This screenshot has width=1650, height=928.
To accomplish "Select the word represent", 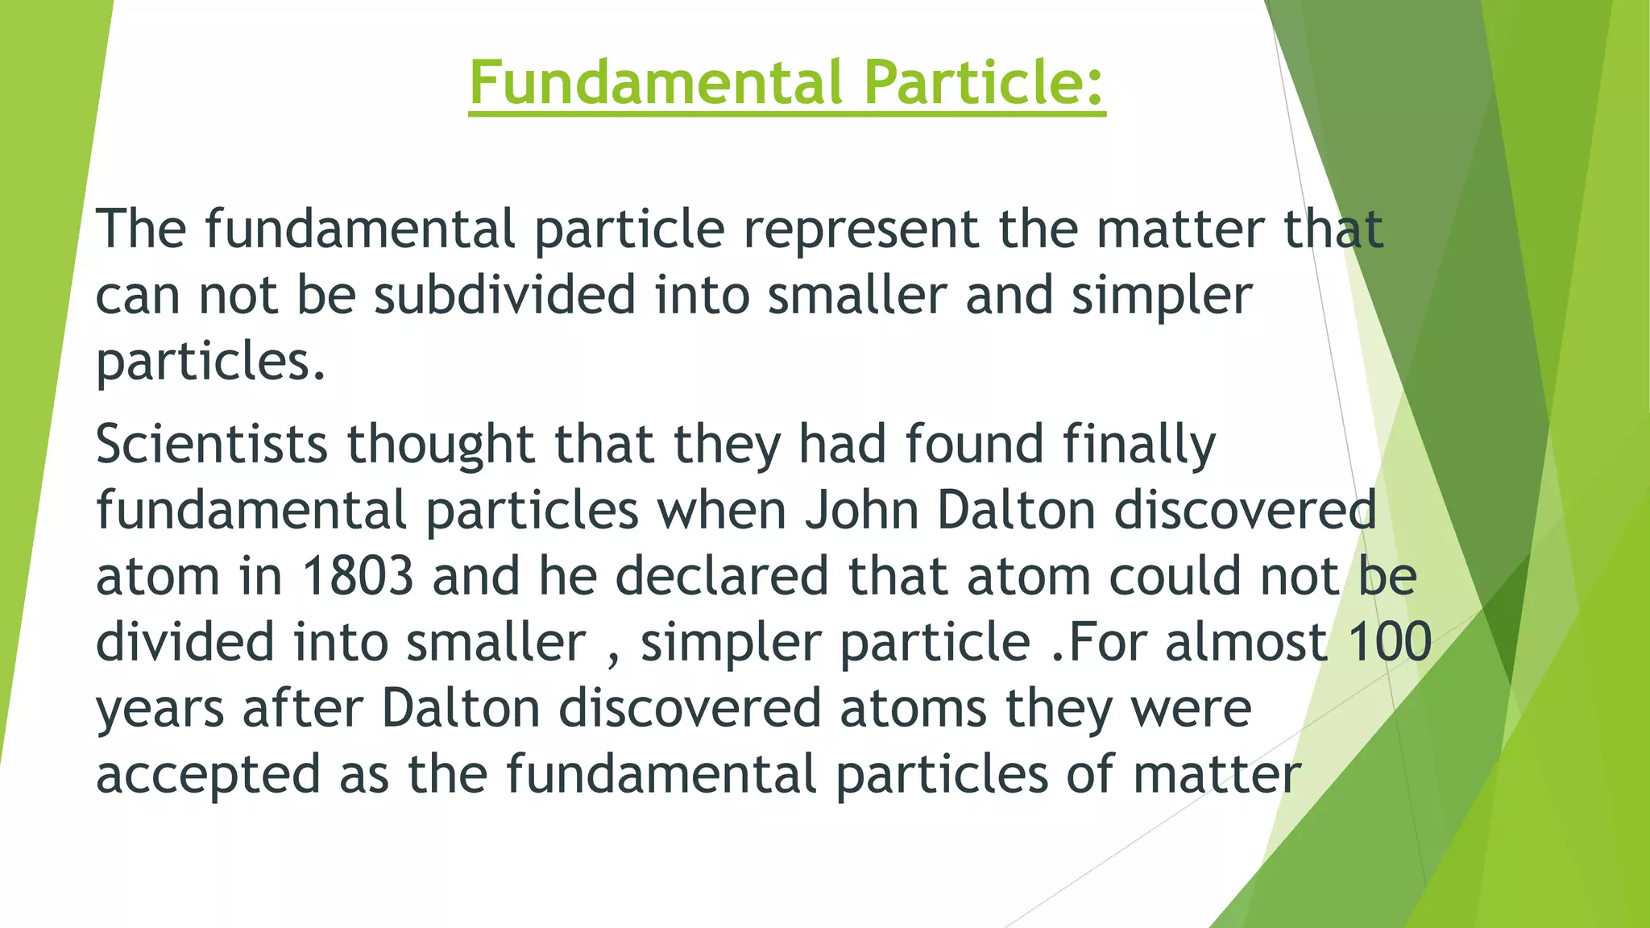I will pos(860,230).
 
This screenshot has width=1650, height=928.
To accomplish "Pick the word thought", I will pos(441,445).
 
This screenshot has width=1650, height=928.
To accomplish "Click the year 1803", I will pos(358,577).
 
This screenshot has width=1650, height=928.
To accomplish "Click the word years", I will pos(160,710).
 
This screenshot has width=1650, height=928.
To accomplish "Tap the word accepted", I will pos(208,775).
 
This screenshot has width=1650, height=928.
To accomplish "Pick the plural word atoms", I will pos(913,709).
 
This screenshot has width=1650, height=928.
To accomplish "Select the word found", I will pos(974,445).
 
